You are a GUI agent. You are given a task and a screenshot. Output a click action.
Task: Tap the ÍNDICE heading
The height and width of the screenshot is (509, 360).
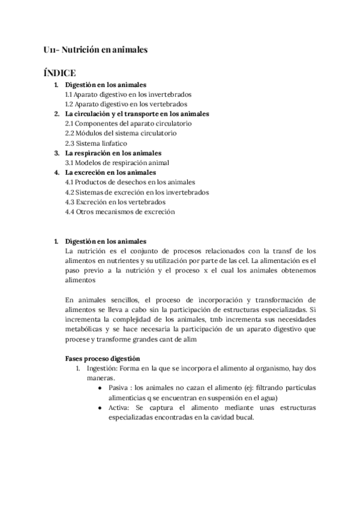(59, 73)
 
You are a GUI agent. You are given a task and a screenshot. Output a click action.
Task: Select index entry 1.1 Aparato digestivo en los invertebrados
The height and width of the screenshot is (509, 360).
(128, 94)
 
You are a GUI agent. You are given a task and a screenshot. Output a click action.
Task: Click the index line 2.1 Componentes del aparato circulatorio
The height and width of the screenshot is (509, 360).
(128, 123)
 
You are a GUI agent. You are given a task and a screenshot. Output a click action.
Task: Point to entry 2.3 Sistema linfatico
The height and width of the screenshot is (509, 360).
(92, 143)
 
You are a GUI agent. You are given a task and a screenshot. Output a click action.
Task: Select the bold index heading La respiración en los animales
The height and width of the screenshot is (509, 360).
(113, 152)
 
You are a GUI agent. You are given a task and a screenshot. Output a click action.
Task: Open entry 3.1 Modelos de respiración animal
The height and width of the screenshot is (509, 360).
(117, 162)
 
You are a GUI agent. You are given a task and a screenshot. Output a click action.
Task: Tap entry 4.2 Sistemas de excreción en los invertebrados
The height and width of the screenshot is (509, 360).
(137, 192)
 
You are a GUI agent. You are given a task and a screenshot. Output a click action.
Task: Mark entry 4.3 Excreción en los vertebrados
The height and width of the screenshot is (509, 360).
(115, 202)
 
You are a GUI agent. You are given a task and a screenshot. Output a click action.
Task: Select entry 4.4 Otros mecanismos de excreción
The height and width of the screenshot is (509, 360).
(120, 211)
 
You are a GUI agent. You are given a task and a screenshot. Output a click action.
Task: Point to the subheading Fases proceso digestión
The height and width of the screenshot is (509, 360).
(103, 358)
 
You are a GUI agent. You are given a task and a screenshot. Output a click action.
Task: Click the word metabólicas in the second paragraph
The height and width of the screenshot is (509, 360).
(85, 329)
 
